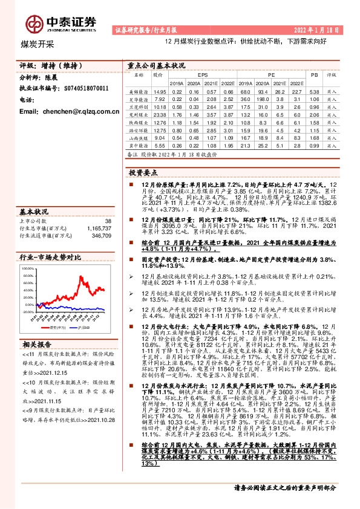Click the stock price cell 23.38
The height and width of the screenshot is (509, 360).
(160, 114)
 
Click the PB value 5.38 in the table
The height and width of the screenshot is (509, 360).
(313, 90)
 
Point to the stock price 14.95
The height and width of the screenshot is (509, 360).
(160, 90)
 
